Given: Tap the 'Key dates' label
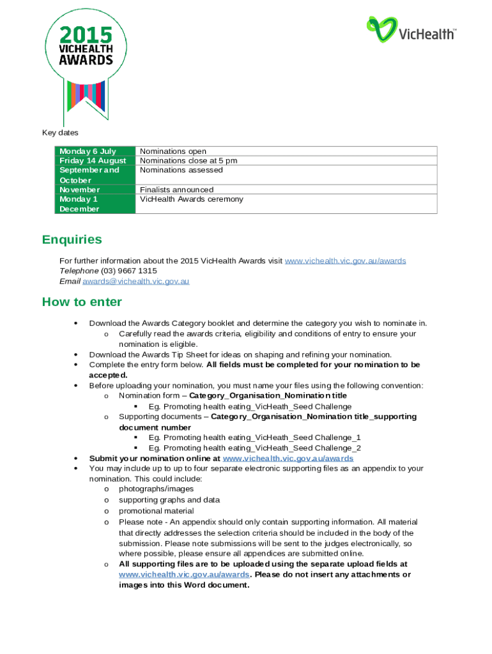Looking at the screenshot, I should point(60,133).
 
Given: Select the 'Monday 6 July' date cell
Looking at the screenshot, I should point(88,151).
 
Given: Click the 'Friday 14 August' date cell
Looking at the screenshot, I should point(93,161).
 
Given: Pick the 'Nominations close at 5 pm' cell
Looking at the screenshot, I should point(188,161).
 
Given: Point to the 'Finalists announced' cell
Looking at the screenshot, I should point(176,190).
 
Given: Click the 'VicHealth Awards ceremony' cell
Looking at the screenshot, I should point(192,199).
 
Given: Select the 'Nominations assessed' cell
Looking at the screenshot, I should point(181,171).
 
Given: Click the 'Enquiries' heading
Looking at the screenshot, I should point(72,240).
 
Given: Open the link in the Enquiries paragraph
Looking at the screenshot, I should point(345,261).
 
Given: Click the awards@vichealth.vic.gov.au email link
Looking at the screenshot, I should point(135,281).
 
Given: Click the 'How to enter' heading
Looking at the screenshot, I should point(82,302).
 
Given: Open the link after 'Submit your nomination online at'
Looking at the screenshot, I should point(288,459).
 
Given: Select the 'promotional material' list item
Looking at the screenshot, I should point(156,511).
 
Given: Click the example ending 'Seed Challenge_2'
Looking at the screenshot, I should point(254,448).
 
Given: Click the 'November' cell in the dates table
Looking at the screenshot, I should point(79,190).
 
